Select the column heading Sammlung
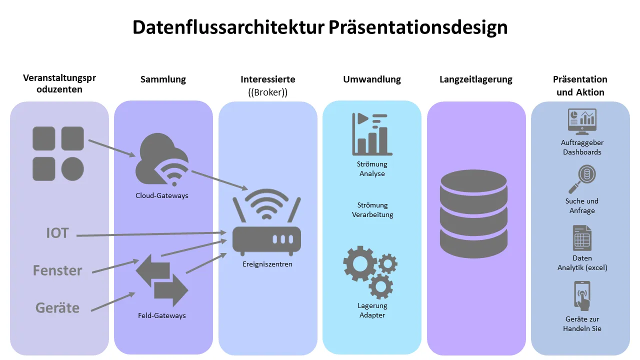pyautogui.click(x=163, y=79)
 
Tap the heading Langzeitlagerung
pyautogui.click(x=476, y=79)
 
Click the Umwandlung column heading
pyautogui.click(x=372, y=79)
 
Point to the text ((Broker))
pyautogui.click(x=268, y=92)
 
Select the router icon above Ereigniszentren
pyautogui.click(x=267, y=225)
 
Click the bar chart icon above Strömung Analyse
pyautogui.click(x=372, y=134)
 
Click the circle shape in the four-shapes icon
pyautogui.click(x=72, y=169)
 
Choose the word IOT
pyautogui.click(x=57, y=233)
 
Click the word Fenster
pyautogui.click(x=57, y=270)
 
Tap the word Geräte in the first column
pyautogui.click(x=57, y=307)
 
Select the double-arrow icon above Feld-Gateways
pyautogui.click(x=161, y=280)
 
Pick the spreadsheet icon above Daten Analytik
pyautogui.click(x=582, y=238)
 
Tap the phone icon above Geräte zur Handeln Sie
pyautogui.click(x=582, y=296)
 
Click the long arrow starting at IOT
pyautogui.click(x=150, y=234)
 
